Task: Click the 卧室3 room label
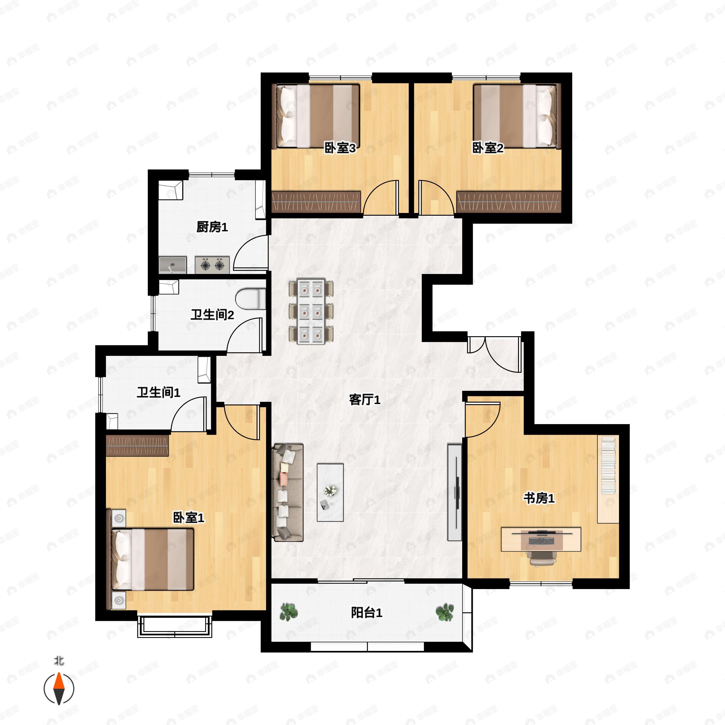coord(340,148)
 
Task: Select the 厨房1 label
coord(212,227)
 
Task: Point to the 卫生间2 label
coord(212,314)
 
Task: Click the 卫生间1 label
coord(158,392)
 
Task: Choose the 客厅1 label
coord(365,400)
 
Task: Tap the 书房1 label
coord(539,498)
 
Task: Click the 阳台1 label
coord(367,613)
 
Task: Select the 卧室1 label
coord(188,518)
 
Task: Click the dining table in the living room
coord(311,311)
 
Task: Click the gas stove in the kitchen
coord(212,265)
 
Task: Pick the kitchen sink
coord(172,265)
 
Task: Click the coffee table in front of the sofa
coord(330,492)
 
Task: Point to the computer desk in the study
coord(541,539)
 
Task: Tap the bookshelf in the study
coord(608,480)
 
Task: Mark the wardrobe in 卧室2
coord(509,202)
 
